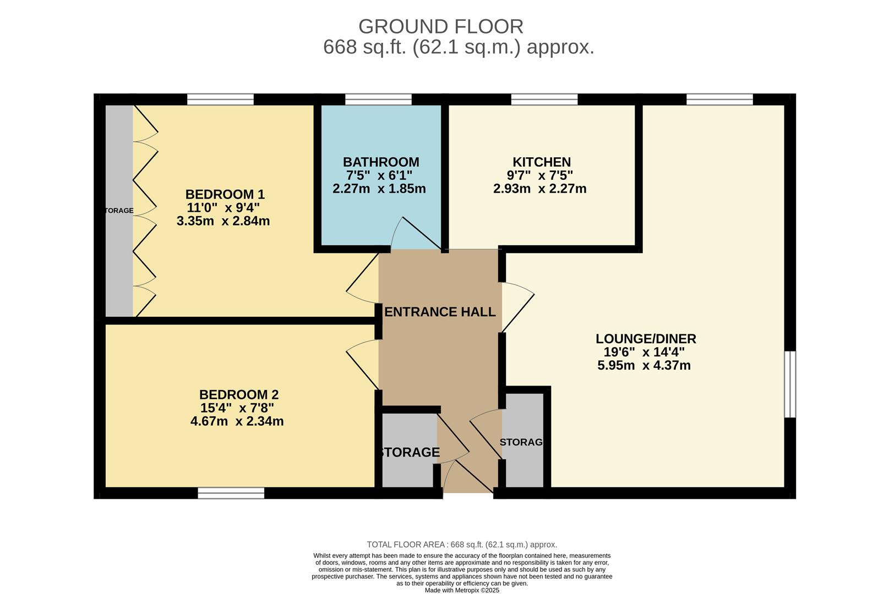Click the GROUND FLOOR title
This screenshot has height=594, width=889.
click(440, 26)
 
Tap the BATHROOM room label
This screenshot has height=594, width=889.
click(381, 162)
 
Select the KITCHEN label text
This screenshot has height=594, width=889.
click(542, 162)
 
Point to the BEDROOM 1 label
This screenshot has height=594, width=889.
click(225, 194)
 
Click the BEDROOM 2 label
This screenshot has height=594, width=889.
click(239, 394)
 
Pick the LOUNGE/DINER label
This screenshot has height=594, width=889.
click(646, 339)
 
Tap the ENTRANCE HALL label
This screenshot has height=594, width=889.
click(440, 312)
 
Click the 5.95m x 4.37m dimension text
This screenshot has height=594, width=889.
click(643, 365)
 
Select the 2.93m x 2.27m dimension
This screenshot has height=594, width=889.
click(540, 188)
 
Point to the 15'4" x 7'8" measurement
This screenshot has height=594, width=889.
click(237, 408)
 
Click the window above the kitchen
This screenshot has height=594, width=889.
click(544, 99)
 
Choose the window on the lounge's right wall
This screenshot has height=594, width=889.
click(790, 384)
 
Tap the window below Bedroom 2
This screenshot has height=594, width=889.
click(231, 493)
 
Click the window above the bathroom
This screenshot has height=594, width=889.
click(378, 99)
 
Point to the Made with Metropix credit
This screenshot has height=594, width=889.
click(462, 590)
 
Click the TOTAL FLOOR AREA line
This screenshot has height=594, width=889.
click(462, 544)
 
